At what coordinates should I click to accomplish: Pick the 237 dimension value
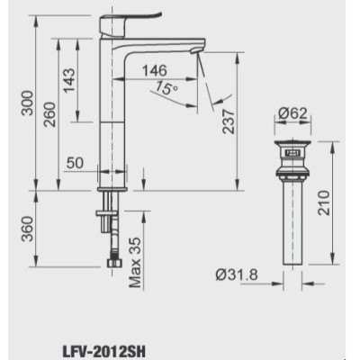232,117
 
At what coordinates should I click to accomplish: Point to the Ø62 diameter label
294,114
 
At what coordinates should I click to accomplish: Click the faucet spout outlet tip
199,54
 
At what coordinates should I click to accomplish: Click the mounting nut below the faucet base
108,213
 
